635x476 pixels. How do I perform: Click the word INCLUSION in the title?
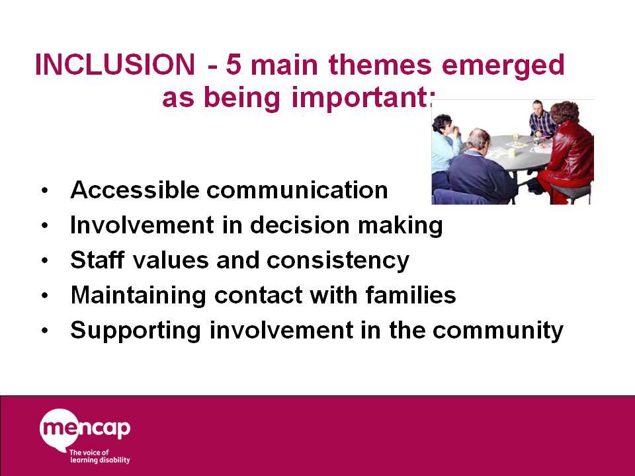coord(115,64)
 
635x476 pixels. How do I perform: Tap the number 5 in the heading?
coord(233,64)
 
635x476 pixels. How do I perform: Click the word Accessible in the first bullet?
coord(135,190)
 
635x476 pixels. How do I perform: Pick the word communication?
coord(297,190)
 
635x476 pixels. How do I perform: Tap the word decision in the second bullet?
coord(300,225)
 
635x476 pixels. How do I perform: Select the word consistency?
coord(338,261)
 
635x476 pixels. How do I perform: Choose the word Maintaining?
coord(138,295)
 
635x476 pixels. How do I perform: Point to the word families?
coord(411,294)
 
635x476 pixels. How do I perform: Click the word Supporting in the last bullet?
coord(136,331)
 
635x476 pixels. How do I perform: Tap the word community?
coord(497,331)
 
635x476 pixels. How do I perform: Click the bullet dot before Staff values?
coord(44,260)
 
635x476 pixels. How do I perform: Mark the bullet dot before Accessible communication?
coord(44,190)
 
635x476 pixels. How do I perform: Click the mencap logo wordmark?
coord(85,428)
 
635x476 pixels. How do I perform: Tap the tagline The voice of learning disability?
coord(100,456)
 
